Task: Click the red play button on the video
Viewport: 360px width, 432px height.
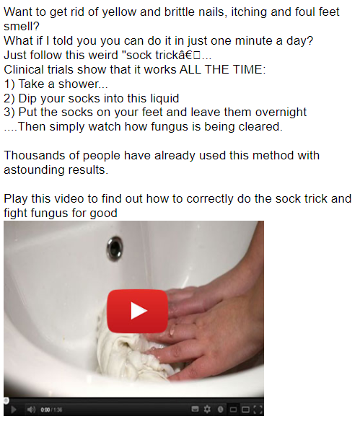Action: [x=137, y=311]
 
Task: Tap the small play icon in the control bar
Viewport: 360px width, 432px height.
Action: [x=14, y=410]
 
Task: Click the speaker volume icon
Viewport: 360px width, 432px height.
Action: [x=31, y=410]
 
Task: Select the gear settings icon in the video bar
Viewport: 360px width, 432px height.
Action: [x=207, y=410]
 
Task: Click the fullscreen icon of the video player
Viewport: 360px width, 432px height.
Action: [x=258, y=410]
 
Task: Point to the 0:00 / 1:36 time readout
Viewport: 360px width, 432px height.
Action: [x=51, y=410]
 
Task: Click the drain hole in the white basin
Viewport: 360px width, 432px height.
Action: [x=115, y=249]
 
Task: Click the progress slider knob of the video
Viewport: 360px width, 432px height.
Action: [x=6, y=400]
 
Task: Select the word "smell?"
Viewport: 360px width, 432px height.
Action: [x=22, y=27]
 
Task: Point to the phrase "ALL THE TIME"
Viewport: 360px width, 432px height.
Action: [x=222, y=69]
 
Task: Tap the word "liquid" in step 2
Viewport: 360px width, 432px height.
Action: [x=164, y=98]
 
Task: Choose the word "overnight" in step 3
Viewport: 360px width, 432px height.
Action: [x=281, y=113]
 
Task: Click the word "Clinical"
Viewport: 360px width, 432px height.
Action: [x=24, y=69]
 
